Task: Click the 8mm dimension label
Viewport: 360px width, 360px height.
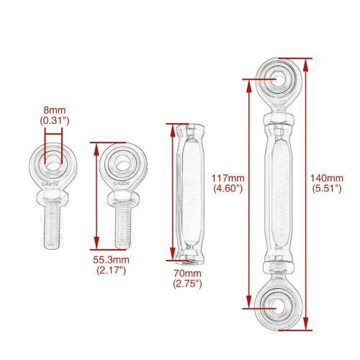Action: point(55,110)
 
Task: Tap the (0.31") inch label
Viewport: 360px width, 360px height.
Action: point(55,120)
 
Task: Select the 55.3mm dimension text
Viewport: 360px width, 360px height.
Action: point(111,260)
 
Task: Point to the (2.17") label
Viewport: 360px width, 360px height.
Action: point(111,270)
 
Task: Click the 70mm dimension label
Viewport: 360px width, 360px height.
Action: point(187,274)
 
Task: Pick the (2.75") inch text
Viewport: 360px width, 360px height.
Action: point(187,284)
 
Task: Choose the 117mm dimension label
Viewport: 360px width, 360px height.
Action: point(228,178)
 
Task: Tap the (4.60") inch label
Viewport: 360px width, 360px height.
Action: point(228,189)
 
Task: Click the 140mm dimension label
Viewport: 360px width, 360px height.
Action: point(327,178)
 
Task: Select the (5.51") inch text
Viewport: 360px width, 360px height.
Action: point(327,189)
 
